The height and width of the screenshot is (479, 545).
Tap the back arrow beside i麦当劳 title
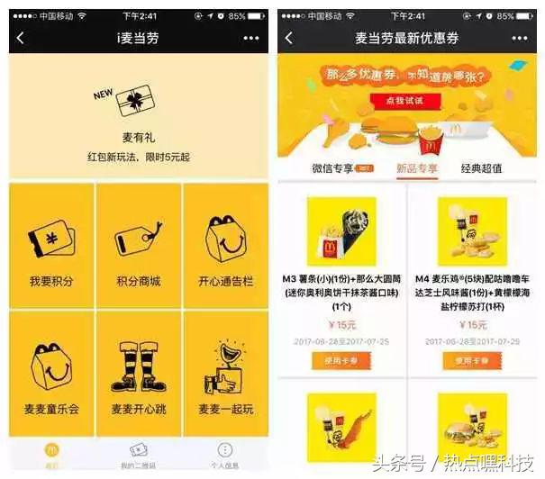click(21, 38)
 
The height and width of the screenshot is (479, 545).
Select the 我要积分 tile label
click(52, 282)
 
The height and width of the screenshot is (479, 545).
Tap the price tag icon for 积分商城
click(139, 239)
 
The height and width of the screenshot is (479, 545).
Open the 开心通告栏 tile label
click(225, 282)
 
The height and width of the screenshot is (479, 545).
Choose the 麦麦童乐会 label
click(52, 410)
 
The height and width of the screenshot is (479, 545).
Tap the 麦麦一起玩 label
click(225, 410)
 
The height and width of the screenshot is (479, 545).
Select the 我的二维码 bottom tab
click(139, 455)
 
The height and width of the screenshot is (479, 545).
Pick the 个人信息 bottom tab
click(224, 455)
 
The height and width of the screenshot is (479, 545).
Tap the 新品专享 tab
click(417, 168)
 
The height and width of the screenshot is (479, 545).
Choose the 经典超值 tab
click(481, 168)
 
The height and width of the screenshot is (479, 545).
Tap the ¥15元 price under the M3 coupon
click(341, 325)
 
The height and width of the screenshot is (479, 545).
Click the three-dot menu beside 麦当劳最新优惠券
click(520, 38)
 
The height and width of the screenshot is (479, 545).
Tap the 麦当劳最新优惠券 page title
click(406, 38)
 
